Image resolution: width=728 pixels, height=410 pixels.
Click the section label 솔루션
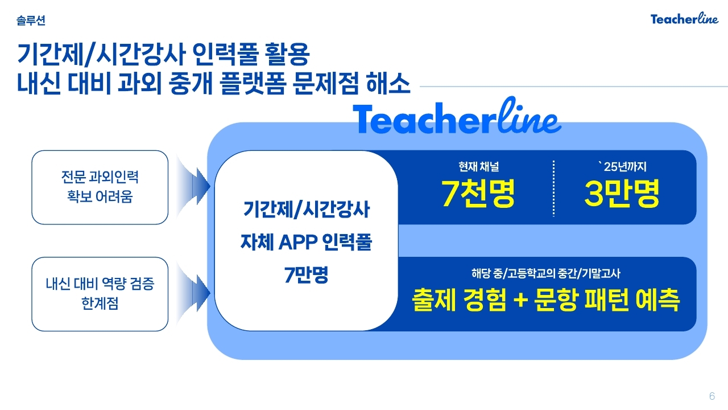(x=31, y=20)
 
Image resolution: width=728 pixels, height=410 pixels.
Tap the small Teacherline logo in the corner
(x=684, y=19)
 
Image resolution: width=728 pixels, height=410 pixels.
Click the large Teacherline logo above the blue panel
(x=457, y=116)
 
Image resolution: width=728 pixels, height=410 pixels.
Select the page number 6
(x=712, y=396)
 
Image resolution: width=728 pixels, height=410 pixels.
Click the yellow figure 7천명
(x=478, y=193)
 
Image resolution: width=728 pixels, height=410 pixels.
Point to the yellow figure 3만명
(x=622, y=193)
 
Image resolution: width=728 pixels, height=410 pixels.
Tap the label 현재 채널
(x=478, y=167)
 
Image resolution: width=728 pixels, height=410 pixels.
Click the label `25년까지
(x=622, y=167)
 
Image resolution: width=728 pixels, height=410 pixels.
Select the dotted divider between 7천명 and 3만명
(x=553, y=188)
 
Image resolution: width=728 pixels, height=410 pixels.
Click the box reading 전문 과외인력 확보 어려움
(x=100, y=187)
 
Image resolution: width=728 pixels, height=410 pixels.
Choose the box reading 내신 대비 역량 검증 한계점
(x=100, y=294)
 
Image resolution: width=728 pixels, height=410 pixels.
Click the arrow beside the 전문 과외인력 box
(x=193, y=186)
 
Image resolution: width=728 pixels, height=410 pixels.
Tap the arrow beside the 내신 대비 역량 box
(x=193, y=293)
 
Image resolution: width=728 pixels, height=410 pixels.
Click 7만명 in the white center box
(x=306, y=274)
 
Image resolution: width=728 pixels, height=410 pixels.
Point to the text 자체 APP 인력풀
(x=306, y=242)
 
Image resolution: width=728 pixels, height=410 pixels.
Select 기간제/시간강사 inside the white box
(x=306, y=209)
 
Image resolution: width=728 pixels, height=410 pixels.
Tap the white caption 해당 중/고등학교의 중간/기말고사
(x=545, y=273)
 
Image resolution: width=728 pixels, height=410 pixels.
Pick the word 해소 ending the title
(x=388, y=83)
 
